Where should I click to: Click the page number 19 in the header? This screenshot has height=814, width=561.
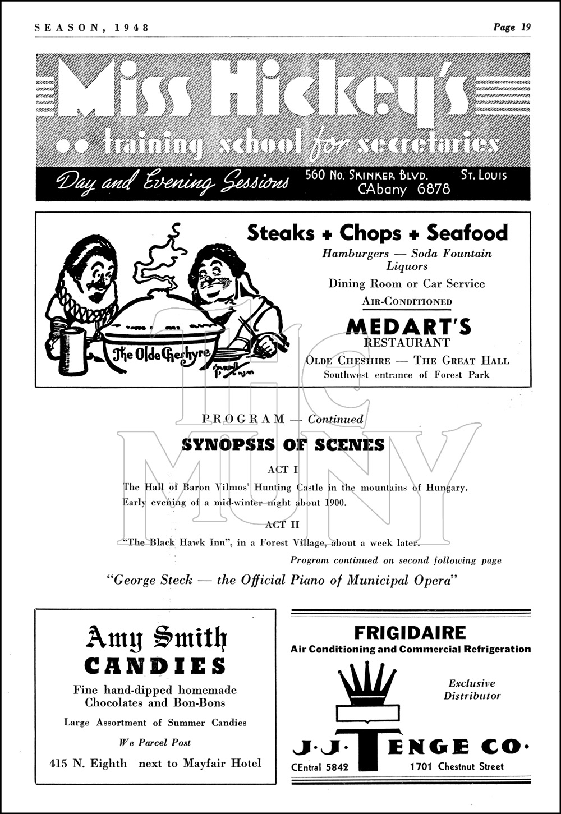(525, 26)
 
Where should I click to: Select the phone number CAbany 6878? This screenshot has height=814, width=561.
(404, 189)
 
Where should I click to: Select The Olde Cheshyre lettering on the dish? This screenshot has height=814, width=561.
(162, 353)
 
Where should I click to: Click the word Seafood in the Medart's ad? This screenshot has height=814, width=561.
(467, 232)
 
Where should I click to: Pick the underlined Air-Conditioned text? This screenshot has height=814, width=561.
(407, 301)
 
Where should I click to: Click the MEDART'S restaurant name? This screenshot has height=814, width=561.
(408, 326)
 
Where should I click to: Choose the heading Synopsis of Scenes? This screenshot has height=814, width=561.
(283, 445)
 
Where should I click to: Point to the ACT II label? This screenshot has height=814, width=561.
(283, 525)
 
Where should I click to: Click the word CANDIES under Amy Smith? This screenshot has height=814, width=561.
(155, 666)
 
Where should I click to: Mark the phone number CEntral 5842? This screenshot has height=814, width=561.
(320, 767)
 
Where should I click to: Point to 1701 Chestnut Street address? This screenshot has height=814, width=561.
(457, 766)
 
